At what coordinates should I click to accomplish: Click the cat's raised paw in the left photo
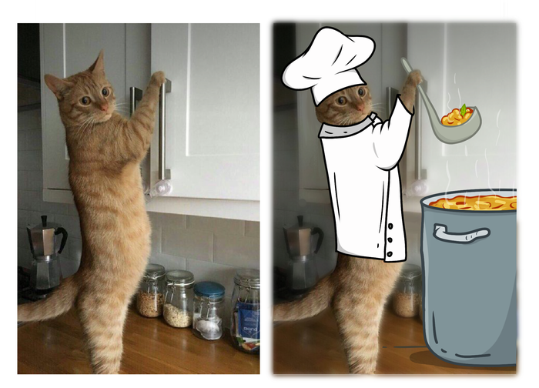(157, 79)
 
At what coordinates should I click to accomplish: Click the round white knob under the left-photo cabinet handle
(162, 187)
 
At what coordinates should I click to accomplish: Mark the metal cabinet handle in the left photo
(163, 131)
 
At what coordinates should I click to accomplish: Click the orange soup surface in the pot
(470, 203)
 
